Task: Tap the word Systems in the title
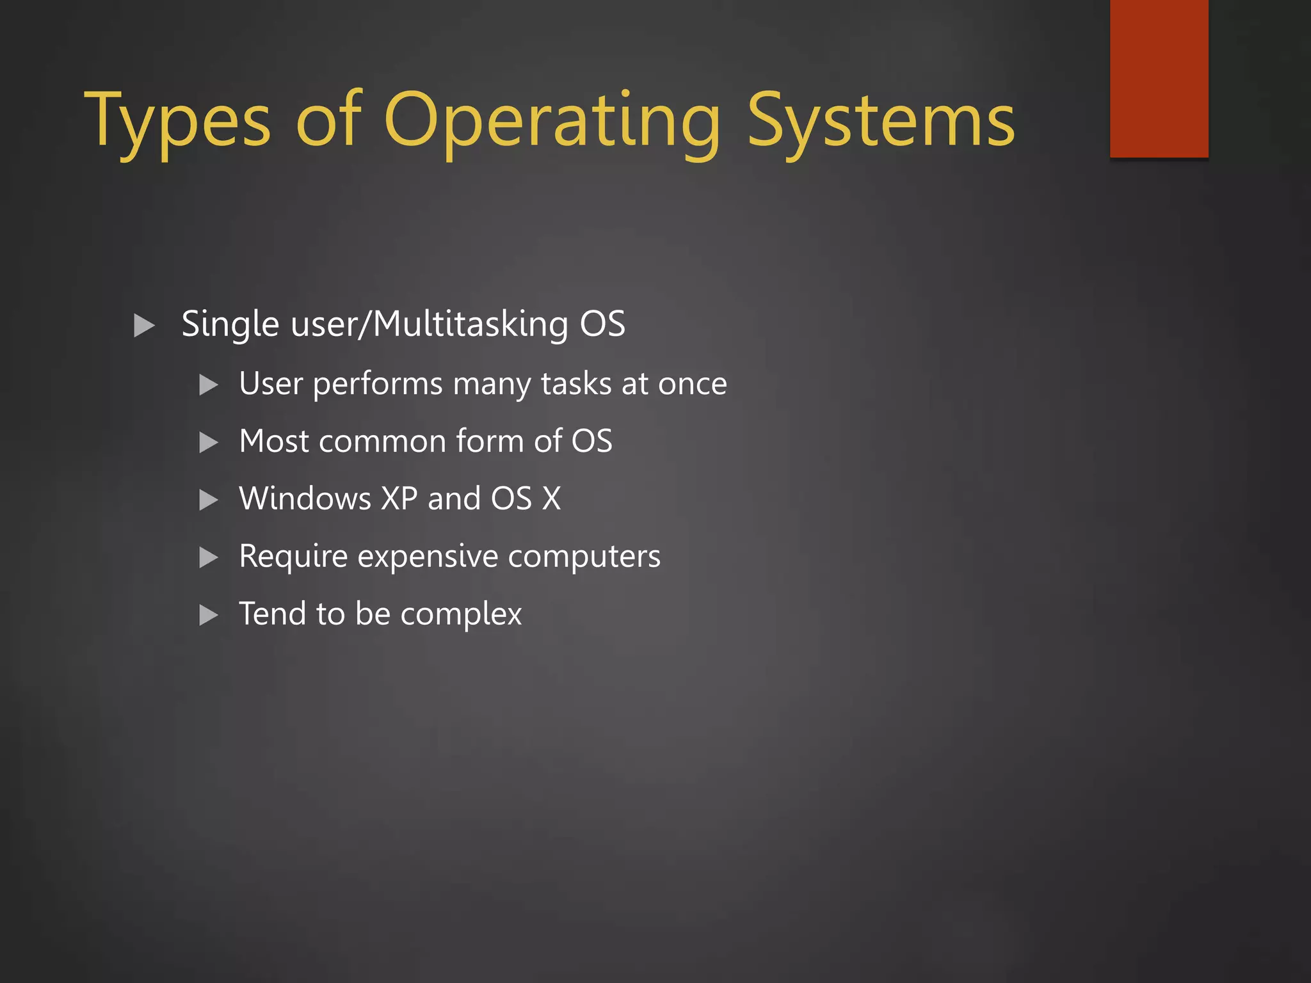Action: pos(881,122)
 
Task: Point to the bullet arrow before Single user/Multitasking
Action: pos(144,326)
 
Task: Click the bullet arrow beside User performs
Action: pos(209,385)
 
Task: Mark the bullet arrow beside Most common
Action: pos(209,443)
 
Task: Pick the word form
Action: pos(490,441)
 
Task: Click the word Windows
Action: pos(305,499)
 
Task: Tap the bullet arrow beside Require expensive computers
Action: pos(209,557)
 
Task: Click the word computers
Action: pos(584,557)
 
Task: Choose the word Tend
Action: pos(273,614)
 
